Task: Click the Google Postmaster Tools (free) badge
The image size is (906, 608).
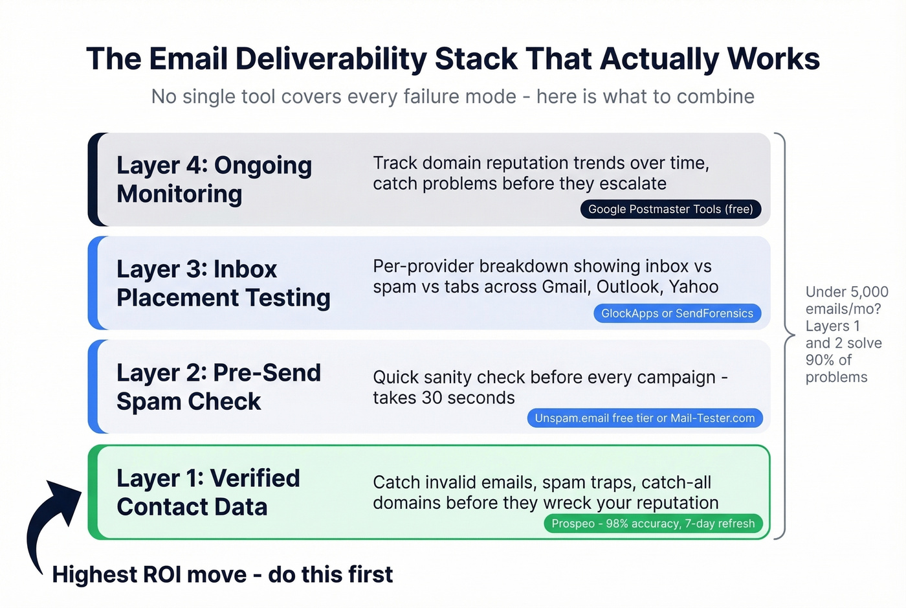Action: pyautogui.click(x=670, y=209)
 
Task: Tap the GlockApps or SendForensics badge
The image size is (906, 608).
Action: pyautogui.click(x=677, y=313)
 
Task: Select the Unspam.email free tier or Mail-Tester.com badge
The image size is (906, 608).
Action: pyautogui.click(x=645, y=418)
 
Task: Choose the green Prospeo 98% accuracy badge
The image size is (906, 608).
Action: pyautogui.click(x=653, y=523)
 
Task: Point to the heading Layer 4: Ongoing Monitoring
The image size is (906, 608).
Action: pyautogui.click(x=214, y=179)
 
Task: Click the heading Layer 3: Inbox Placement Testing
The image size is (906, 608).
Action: pyautogui.click(x=223, y=283)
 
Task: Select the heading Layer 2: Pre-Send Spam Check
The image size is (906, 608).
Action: pyautogui.click(x=218, y=387)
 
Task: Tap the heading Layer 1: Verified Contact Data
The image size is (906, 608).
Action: pyautogui.click(x=208, y=492)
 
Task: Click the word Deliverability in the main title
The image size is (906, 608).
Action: pyautogui.click(x=330, y=59)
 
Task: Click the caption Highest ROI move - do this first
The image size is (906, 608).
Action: pyautogui.click(x=222, y=574)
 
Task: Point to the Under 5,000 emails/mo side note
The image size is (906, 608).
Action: pyautogui.click(x=845, y=334)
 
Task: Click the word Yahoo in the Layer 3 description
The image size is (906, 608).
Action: pyautogui.click(x=694, y=287)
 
